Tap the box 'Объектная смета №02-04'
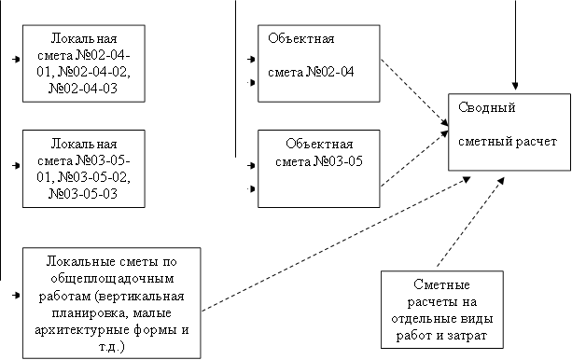coord(318,63)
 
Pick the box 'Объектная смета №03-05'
coord(318,167)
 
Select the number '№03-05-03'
coord(86,194)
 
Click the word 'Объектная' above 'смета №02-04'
coord(300,38)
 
